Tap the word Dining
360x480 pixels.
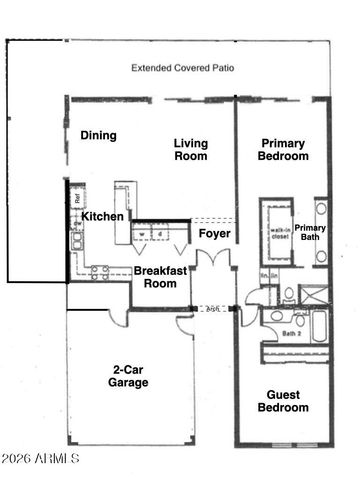(99, 135)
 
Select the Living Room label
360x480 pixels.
(189, 149)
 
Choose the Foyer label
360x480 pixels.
(215, 233)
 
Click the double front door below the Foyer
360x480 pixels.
(211, 262)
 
